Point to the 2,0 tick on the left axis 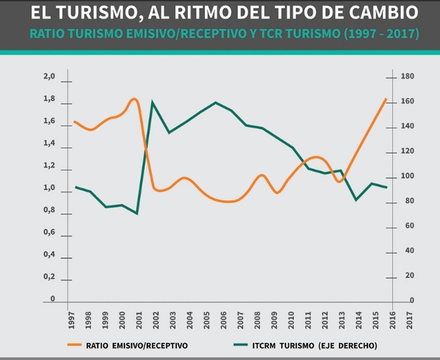[x=49, y=77]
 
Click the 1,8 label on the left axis [x=49, y=99]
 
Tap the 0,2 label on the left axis [x=49, y=277]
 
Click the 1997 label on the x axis [x=71, y=318]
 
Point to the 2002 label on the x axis [x=156, y=318]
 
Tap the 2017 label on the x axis [x=409, y=318]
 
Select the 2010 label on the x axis [x=291, y=318]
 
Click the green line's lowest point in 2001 [x=137, y=213]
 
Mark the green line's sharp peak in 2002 [x=153, y=102]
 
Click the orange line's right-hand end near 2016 [x=386, y=99]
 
